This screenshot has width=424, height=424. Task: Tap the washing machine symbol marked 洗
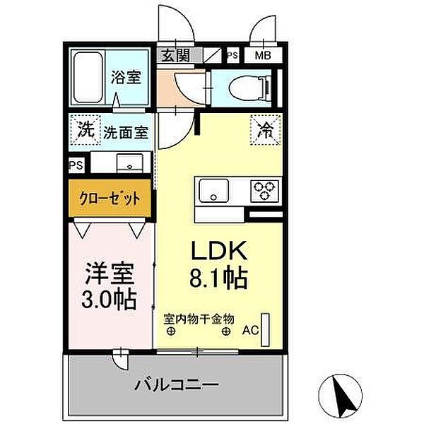(86, 130)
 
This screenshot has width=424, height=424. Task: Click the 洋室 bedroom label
(111, 271)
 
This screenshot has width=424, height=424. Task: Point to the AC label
(250, 329)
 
